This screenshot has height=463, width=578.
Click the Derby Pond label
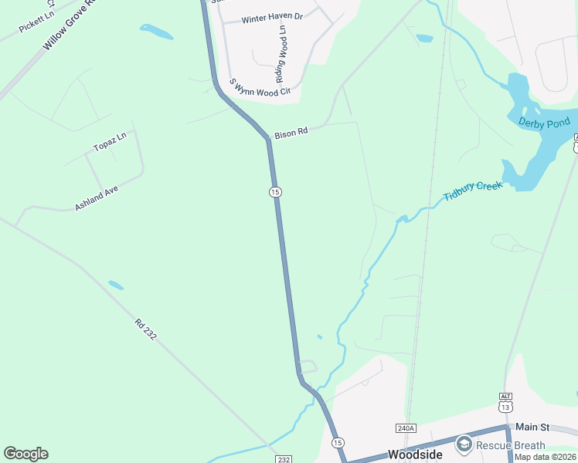click(544, 123)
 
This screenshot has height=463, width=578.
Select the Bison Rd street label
click(291, 132)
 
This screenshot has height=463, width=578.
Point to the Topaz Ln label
click(109, 145)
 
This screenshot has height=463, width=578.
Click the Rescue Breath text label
click(511, 445)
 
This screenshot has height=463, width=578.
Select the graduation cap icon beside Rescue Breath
click(464, 444)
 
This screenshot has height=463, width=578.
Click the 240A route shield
click(406, 428)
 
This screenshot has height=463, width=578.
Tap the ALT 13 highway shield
click(505, 403)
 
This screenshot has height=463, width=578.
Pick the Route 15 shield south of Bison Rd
click(275, 191)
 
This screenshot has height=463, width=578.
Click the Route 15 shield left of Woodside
click(337, 443)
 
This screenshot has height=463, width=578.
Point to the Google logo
click(25, 454)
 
